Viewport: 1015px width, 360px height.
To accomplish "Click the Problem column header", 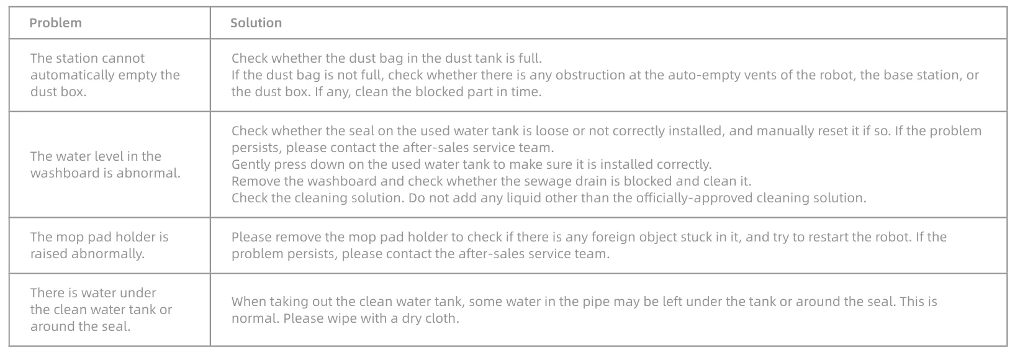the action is point(55,22).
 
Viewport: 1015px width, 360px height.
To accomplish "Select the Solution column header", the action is point(256,22).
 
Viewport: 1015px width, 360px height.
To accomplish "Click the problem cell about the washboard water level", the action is point(105,164).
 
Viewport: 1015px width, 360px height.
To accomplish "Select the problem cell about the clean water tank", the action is point(101,310).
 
